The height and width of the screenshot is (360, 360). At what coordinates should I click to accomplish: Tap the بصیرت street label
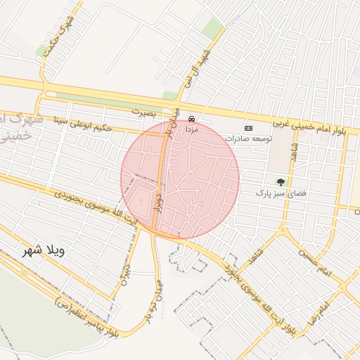[146, 111]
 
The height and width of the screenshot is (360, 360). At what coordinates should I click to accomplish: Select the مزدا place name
[192, 129]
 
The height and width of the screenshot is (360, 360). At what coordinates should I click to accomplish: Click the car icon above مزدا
[192, 119]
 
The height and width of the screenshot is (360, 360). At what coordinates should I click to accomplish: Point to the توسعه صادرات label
[243, 139]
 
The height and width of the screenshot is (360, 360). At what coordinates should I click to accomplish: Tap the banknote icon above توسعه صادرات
[248, 128]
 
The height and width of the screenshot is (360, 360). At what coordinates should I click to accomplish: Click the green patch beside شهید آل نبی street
[212, 28]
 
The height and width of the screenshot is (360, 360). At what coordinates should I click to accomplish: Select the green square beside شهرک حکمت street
[42, 51]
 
